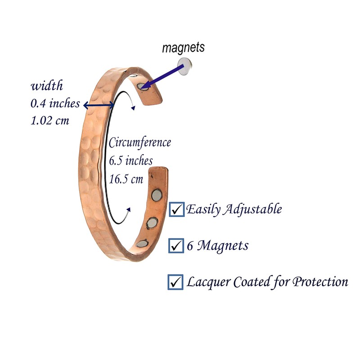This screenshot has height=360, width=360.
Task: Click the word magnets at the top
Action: (x=183, y=47)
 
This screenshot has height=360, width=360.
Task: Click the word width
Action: (x=47, y=86)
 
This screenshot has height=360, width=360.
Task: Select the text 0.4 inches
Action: (x=55, y=103)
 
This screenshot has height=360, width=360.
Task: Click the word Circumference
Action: (x=140, y=143)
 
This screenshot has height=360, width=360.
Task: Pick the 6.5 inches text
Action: (x=131, y=160)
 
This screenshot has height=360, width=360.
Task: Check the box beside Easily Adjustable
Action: (x=176, y=210)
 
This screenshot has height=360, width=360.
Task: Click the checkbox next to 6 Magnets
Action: (x=175, y=246)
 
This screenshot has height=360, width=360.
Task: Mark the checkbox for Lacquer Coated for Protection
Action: (x=175, y=282)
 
